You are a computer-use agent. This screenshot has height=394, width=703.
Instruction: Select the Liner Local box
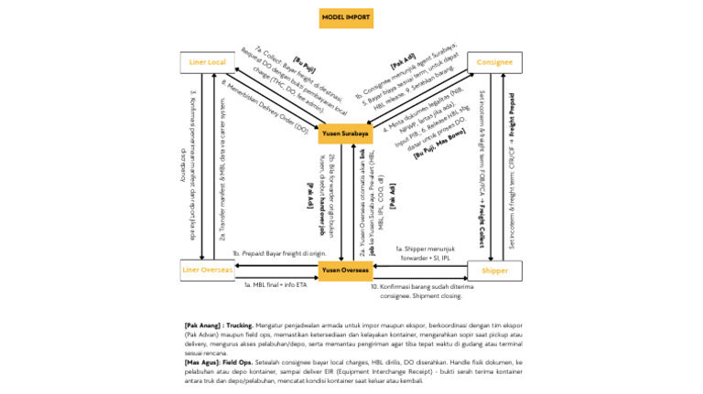[x=207, y=62]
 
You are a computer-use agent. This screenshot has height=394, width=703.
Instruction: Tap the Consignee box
[x=494, y=62]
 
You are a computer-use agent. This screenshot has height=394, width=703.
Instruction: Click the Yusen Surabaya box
[x=345, y=135]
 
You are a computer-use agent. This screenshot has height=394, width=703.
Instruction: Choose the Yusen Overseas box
[x=345, y=271]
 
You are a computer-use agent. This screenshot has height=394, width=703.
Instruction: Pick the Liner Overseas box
[x=207, y=271]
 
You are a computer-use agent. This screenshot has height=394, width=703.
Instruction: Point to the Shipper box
[x=494, y=271]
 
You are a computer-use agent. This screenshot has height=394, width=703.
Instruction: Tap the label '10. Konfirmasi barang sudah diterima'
[x=423, y=286]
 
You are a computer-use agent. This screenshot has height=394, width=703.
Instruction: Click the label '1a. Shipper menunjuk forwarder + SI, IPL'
[x=423, y=252]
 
